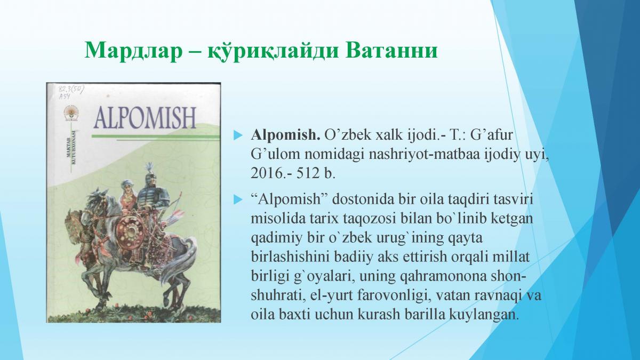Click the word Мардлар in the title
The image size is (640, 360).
coord(133,50)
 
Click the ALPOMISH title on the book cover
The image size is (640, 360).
coord(145,118)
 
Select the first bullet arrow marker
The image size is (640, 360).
coord(238,135)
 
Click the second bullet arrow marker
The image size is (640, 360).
coord(238,199)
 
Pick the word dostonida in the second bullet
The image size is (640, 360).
coord(363,199)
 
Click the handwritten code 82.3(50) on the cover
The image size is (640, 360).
coord(71,89)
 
